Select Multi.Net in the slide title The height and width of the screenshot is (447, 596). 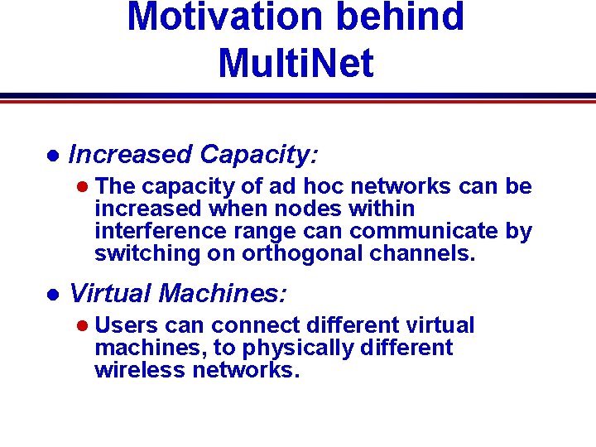point(296,63)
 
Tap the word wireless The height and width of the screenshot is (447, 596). point(140,370)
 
